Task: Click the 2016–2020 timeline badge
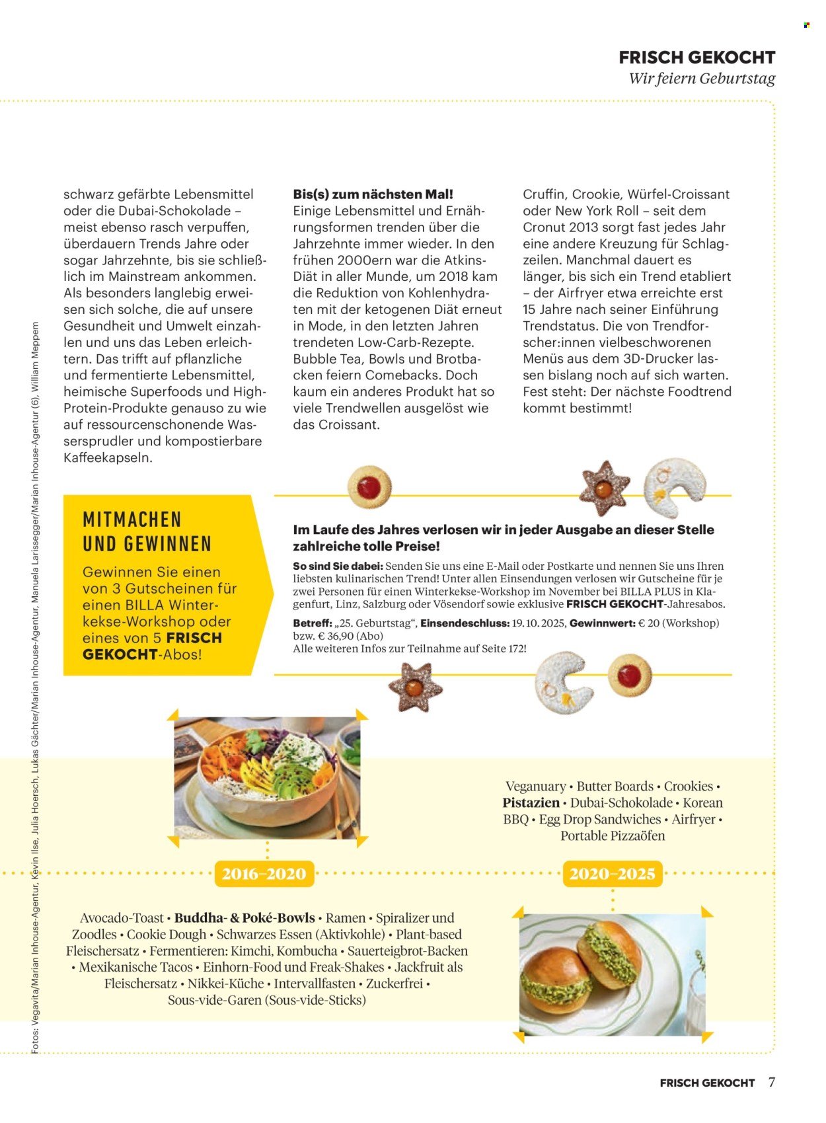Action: [x=264, y=874]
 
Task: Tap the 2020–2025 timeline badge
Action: [x=612, y=874]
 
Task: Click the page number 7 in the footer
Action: [x=771, y=1082]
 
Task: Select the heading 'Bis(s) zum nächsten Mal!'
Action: [x=373, y=194]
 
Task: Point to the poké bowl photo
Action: [x=267, y=777]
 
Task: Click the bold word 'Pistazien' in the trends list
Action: [x=531, y=803]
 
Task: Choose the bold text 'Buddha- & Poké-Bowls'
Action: [x=244, y=918]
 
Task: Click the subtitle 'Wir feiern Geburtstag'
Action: [x=701, y=79]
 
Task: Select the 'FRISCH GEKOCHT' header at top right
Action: [x=696, y=58]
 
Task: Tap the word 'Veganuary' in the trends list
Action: [x=535, y=787]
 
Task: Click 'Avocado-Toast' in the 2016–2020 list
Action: [x=122, y=918]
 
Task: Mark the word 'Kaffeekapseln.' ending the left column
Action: [x=108, y=457]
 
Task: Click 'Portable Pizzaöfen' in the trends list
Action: [x=613, y=836]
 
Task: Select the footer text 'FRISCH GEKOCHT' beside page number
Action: [x=706, y=1083]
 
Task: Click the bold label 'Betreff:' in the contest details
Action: [x=313, y=623]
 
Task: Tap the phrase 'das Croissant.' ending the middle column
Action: [x=336, y=424]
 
